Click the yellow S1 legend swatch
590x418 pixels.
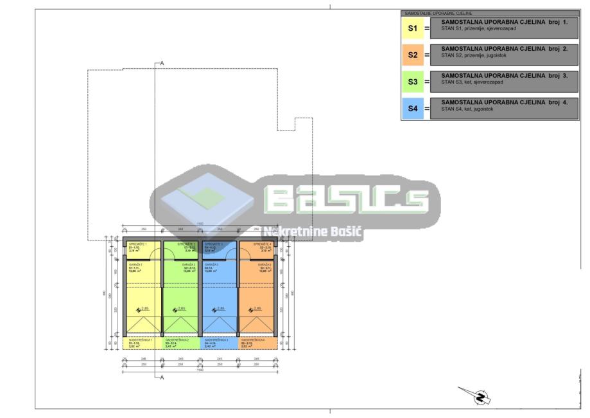[413, 28]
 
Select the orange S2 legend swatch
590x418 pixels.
[413, 55]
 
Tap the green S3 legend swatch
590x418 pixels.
[413, 82]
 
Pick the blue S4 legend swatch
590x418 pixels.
[413, 109]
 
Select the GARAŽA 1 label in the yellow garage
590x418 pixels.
[135, 265]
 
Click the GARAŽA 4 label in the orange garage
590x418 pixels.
[265, 265]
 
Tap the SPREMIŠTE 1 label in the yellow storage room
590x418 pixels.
[137, 245]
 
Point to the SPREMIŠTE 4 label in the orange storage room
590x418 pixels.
[263, 245]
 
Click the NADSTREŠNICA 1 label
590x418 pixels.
[140, 340]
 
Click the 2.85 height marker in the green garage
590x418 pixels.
[181, 309]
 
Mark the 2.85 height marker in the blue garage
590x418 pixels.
[220, 309]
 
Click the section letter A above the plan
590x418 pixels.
[162, 63]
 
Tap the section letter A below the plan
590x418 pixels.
[162, 377]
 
